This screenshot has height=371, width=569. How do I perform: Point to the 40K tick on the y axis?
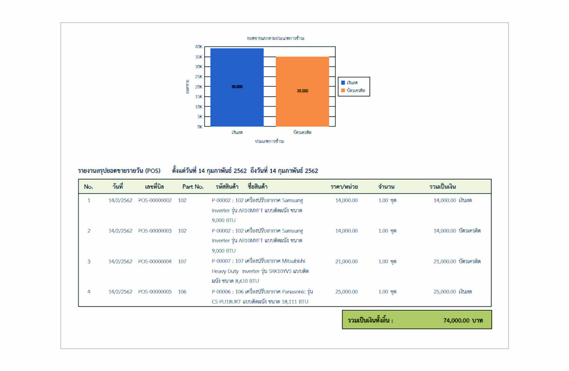coord(199,47)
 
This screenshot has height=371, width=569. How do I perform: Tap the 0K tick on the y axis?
coord(200,127)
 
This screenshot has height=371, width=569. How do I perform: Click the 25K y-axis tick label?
coord(199,77)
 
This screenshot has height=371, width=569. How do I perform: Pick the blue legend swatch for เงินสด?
coord(343,83)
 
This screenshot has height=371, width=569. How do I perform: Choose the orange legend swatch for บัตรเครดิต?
coord(343,90)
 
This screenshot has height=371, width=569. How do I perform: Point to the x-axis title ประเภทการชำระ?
coord(269,142)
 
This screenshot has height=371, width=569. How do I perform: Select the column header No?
coord(88,187)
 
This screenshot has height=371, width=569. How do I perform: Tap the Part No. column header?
coord(193,187)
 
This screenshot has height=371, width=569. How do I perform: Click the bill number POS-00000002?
coord(155,200)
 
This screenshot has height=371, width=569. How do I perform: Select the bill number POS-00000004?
coord(155,261)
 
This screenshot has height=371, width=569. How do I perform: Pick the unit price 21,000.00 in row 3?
coord(346,261)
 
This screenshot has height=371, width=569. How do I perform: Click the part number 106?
coord(183,291)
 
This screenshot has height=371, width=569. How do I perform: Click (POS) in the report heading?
coord(153,171)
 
